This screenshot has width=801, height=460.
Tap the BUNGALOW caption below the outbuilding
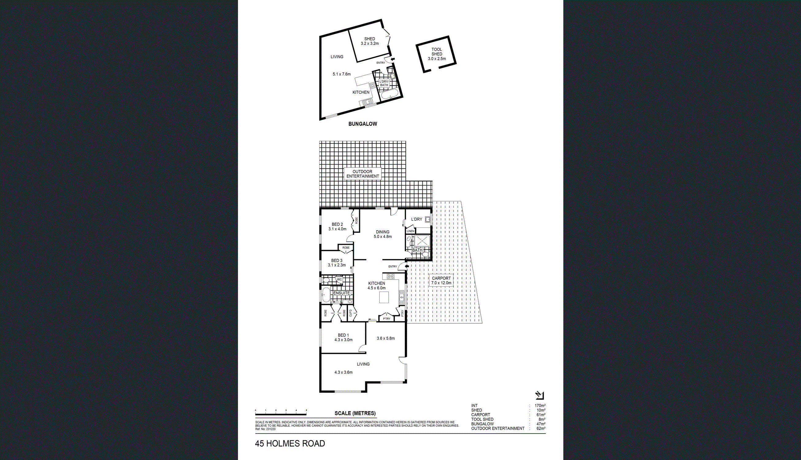pyautogui.click(x=362, y=124)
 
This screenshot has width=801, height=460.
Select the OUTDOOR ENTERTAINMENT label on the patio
pyautogui.click(x=362, y=174)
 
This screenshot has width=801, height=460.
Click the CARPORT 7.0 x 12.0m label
pyautogui.click(x=442, y=281)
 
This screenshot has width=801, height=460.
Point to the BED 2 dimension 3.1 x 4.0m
pyautogui.click(x=337, y=229)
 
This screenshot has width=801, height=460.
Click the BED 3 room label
pyautogui.click(x=337, y=261)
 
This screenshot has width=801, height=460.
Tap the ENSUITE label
pyautogui.click(x=341, y=293)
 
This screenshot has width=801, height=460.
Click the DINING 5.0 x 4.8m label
pyautogui.click(x=382, y=234)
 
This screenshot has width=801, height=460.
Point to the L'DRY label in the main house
pyautogui.click(x=417, y=219)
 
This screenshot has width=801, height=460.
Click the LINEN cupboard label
pyautogui.click(x=410, y=231)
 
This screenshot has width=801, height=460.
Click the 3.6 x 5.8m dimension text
pyautogui.click(x=386, y=338)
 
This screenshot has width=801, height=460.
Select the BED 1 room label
pyautogui.click(x=343, y=335)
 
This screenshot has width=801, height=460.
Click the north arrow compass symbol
pyautogui.click(x=539, y=395)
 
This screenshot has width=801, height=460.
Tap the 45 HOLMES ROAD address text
pyautogui.click(x=290, y=443)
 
